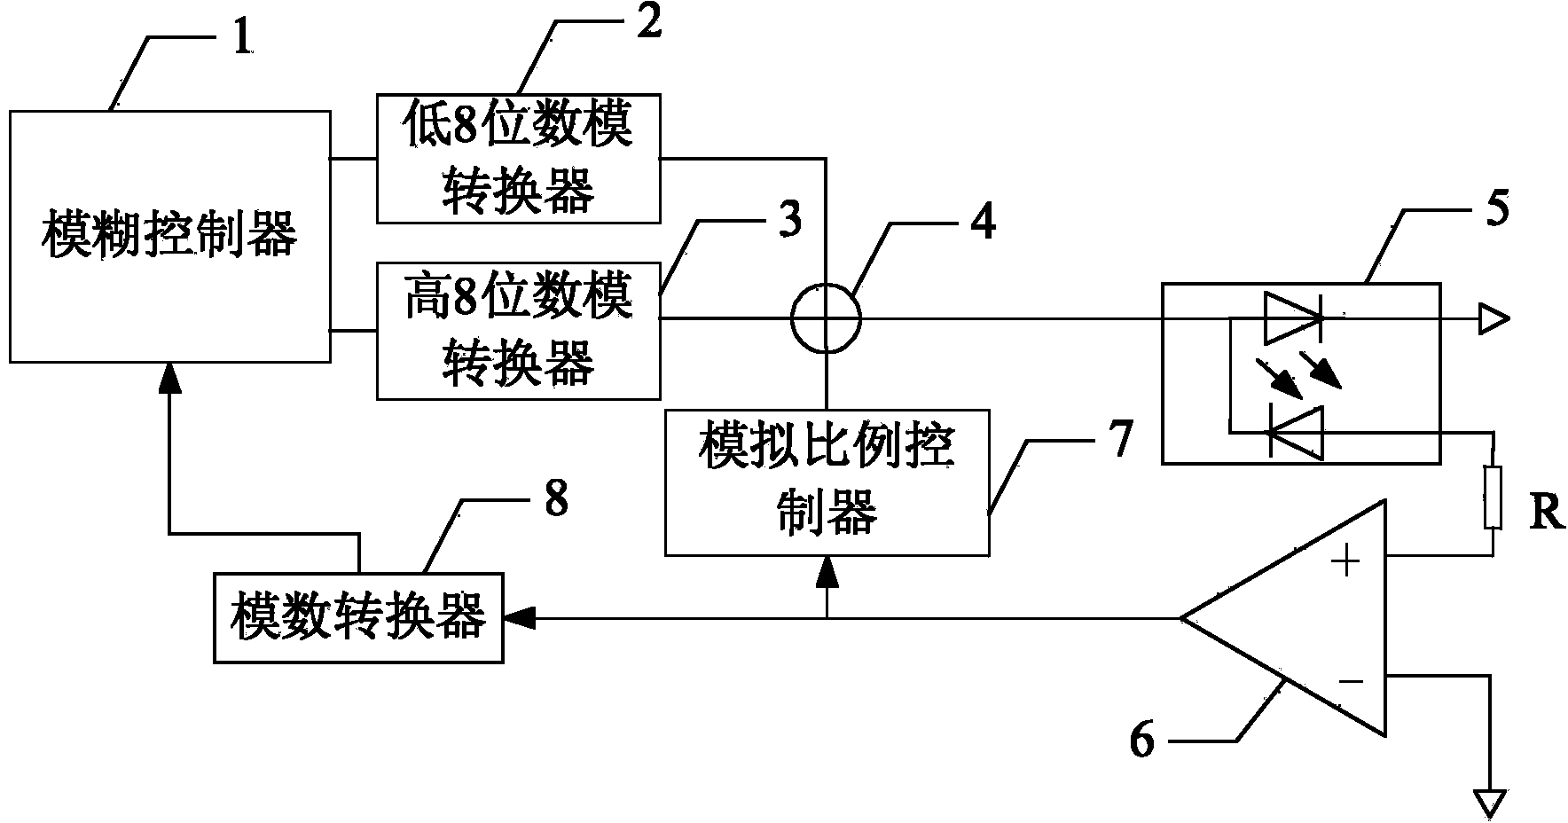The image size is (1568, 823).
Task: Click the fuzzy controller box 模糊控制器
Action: (x=169, y=236)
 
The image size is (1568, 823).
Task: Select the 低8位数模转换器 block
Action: (x=518, y=158)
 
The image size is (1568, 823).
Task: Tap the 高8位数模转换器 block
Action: (x=518, y=330)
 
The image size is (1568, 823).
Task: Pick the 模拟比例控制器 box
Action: (x=827, y=482)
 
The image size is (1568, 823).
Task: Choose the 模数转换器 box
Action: (x=358, y=617)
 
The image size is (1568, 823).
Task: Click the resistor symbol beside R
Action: (x=1493, y=496)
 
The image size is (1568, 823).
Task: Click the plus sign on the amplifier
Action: (x=1346, y=560)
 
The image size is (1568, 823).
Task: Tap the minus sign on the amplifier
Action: (x=1350, y=681)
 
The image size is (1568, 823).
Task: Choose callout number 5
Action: (x=1495, y=210)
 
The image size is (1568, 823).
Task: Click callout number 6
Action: (x=1143, y=740)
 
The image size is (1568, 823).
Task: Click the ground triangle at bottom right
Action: (x=1493, y=802)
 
